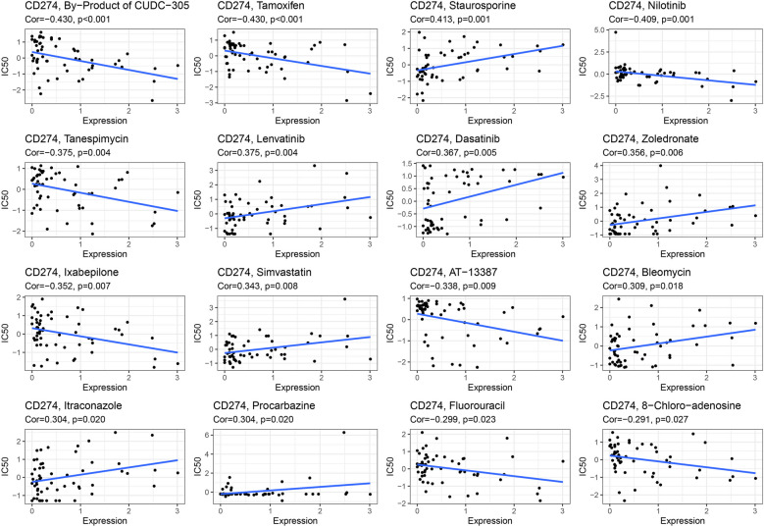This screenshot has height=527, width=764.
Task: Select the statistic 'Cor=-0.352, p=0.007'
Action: pos(57,281)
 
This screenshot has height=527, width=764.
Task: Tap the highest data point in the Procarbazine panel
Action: pos(343,433)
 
